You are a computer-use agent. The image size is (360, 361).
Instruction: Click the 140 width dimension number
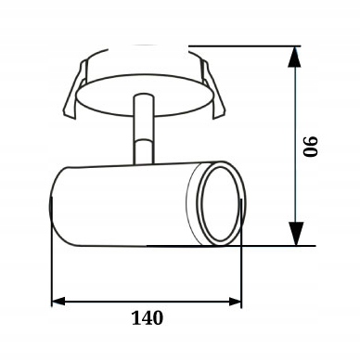tap(148, 317)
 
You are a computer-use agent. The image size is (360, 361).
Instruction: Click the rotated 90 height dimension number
tap(310, 146)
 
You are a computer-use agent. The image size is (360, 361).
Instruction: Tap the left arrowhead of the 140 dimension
tap(58, 301)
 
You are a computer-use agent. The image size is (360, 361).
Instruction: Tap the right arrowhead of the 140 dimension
tap(235, 301)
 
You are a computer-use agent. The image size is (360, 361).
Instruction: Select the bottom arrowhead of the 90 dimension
tap(295, 234)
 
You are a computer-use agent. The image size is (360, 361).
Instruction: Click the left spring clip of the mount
tap(74, 89)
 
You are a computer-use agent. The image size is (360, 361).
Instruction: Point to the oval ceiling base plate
tap(145, 96)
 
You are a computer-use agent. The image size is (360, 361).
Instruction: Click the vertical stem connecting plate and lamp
tap(143, 130)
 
